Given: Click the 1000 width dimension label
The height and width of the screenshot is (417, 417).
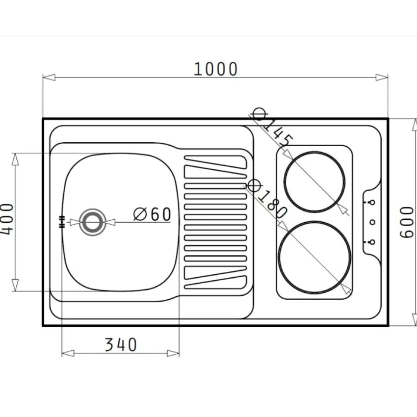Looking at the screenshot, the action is [x=215, y=69].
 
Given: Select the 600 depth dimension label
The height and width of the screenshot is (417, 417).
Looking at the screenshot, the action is [x=407, y=222].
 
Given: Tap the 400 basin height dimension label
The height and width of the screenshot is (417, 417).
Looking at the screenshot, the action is [x=6, y=219].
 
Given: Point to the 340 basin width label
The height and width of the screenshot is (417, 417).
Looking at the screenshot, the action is [x=121, y=345].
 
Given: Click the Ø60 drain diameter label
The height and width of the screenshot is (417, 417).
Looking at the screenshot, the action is [x=152, y=214].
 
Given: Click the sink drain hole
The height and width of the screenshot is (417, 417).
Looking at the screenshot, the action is [x=92, y=222].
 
